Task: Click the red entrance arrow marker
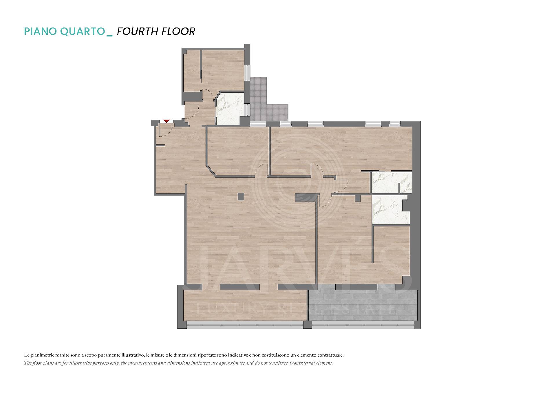coord(166,121)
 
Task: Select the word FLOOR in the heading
coord(178,31)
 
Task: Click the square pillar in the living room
coord(241,197)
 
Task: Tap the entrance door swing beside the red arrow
coord(166,130)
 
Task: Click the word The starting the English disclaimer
coord(28,363)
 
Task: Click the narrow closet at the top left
coord(192,71)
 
